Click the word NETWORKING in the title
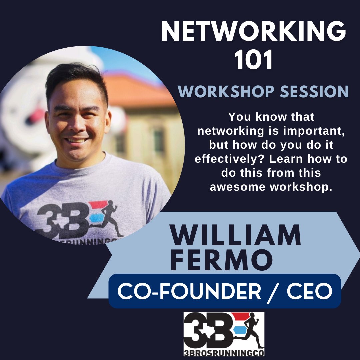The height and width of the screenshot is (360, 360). (253, 32)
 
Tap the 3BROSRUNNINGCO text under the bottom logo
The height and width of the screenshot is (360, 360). (224, 352)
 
